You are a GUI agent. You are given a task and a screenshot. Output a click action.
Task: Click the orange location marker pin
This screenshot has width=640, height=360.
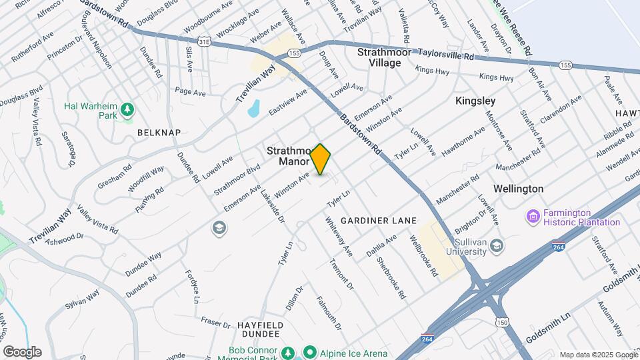pos(321,159)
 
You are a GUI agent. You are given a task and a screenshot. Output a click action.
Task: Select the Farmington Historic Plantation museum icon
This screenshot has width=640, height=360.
pos(532,216)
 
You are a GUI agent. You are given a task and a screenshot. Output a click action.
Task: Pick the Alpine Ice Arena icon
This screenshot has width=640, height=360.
pos(309,351)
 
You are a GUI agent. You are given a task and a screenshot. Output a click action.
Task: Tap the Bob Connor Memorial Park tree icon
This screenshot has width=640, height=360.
pos(287,351)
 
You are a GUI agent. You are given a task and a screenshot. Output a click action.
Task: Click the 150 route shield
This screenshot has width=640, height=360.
pos(502,323)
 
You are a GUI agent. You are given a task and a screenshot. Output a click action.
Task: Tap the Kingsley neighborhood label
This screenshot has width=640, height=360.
pos(475,101)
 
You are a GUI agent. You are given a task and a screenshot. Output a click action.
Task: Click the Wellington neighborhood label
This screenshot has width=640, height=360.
pos(518,189)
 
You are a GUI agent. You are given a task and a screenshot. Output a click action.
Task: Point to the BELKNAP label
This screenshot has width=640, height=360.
pos(159,133)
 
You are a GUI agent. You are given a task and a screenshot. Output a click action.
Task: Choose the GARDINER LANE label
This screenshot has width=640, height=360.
pos(378,220)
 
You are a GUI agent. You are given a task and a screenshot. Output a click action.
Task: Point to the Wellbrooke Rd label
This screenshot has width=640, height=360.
pos(423,256)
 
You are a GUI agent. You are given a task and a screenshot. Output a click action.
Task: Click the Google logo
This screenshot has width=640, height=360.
pos(23,352)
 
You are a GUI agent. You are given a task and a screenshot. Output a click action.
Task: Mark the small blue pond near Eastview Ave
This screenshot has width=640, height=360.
pos(253,108)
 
